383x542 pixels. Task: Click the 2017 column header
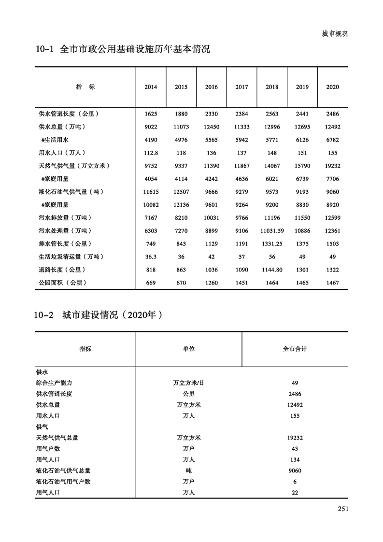click(241, 87)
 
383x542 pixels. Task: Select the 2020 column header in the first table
click(332, 87)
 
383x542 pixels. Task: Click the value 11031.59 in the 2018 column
click(272, 231)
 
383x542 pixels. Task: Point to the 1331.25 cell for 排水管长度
click(272, 244)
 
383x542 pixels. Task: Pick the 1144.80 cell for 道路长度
click(272, 270)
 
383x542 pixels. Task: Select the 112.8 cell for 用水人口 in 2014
click(151, 153)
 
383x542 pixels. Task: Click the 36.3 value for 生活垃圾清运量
click(151, 257)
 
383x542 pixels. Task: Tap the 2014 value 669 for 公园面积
click(151, 283)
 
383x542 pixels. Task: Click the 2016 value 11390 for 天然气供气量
click(212, 166)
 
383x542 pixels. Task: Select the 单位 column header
click(188, 349)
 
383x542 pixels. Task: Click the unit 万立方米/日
click(188, 383)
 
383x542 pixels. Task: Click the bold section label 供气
click(42, 427)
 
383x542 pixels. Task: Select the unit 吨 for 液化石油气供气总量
click(188, 471)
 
